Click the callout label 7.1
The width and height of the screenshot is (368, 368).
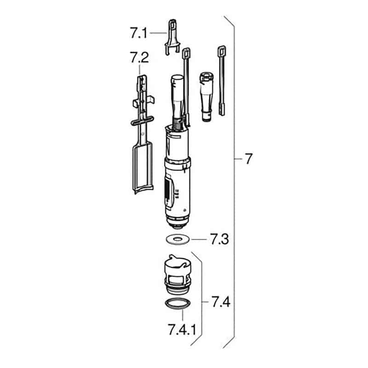138,33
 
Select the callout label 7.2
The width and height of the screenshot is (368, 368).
139,58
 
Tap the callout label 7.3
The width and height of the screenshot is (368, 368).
219,239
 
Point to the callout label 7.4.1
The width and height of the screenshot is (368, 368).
182,329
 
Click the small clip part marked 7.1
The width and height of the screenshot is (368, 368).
172,38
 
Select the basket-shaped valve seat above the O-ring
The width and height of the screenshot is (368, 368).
178,275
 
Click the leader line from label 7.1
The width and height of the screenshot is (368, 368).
158,33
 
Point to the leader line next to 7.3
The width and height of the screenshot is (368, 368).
199,239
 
